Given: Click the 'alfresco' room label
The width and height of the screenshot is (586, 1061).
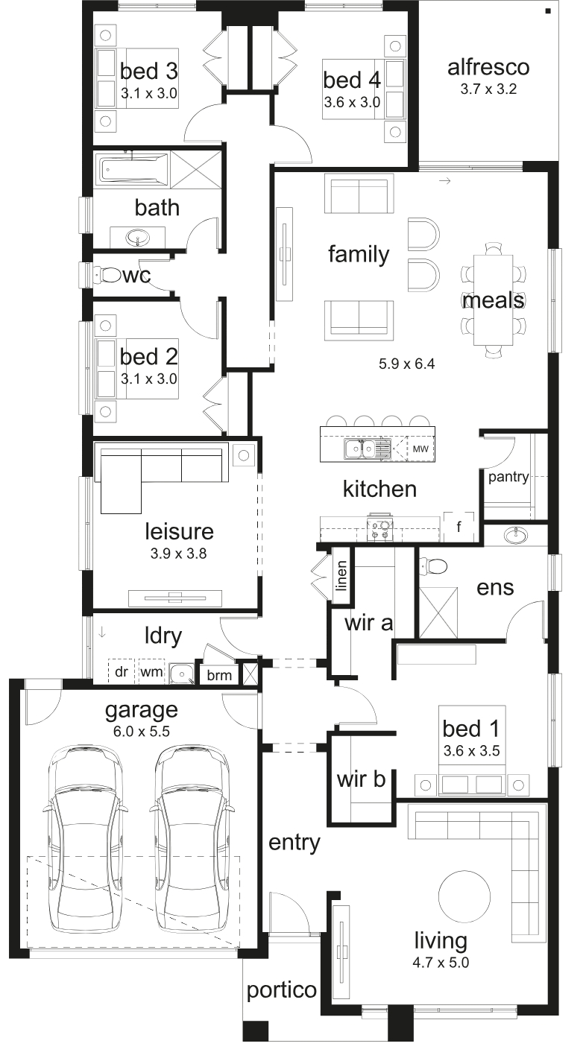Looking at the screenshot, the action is click(488, 67).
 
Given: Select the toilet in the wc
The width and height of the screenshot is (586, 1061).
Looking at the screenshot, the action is click(107, 275).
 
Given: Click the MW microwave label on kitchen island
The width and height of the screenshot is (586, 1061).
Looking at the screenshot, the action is click(420, 449).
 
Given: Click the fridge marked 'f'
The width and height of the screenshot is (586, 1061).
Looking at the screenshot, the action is click(459, 526).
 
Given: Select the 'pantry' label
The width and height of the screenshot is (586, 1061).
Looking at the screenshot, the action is click(508, 477).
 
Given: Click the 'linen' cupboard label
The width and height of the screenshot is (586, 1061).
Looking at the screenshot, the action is click(341, 575).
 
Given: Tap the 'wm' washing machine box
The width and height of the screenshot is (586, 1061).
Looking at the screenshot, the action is click(151, 671).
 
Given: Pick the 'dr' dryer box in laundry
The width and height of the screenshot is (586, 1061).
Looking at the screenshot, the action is click(122, 671).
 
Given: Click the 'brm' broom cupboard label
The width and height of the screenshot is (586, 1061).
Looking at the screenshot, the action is click(219, 675).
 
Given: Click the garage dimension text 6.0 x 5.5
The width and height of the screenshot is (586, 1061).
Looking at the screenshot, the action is click(142, 732).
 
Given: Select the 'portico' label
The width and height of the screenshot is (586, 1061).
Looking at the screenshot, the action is click(282, 989).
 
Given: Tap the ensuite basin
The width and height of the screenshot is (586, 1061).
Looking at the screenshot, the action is click(515, 536).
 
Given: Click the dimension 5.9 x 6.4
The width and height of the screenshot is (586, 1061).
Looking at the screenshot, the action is click(407, 364).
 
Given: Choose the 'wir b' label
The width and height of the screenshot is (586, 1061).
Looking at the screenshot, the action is click(362, 779).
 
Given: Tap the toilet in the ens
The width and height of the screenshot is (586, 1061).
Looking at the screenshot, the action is click(434, 566).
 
